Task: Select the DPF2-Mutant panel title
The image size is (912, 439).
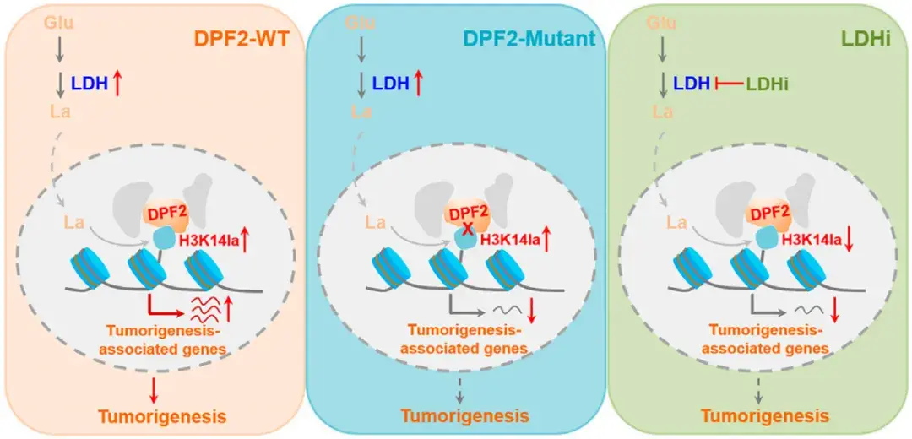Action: pos(530,39)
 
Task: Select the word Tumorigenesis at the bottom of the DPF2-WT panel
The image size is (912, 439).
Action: pos(161,415)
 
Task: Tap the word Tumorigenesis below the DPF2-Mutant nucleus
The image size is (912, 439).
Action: pos(464,415)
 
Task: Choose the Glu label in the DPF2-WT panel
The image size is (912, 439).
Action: pos(58,22)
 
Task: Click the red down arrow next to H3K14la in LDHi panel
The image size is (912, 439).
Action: pos(849,240)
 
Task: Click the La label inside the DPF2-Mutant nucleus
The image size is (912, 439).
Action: pos(377,223)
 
